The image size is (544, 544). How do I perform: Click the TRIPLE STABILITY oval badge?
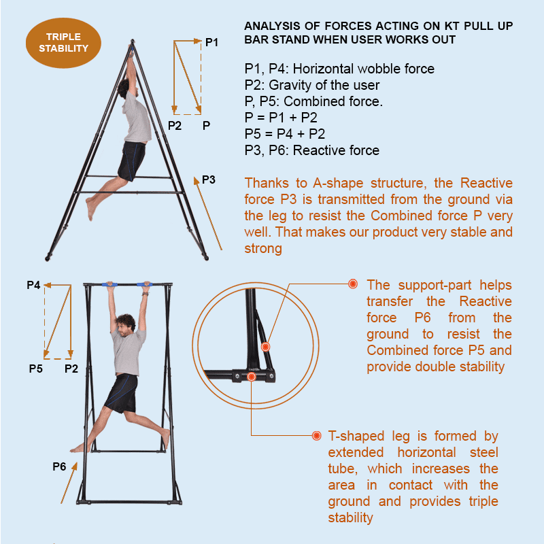(x=63, y=43)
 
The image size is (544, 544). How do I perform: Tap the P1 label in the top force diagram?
(x=211, y=42)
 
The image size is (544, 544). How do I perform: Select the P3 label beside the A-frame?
(x=209, y=180)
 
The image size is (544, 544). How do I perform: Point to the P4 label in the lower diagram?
(x=33, y=285)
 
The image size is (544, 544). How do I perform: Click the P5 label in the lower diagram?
(x=36, y=369)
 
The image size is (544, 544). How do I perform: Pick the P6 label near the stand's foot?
(x=59, y=466)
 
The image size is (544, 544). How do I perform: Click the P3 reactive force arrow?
(x=208, y=213)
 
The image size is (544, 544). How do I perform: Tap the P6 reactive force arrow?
(x=69, y=483)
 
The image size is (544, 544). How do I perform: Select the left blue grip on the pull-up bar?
(x=109, y=284)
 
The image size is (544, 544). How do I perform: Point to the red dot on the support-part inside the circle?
(x=265, y=347)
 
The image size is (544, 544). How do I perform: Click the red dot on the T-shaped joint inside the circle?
(x=252, y=377)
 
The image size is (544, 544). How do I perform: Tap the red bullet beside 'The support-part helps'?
(x=353, y=284)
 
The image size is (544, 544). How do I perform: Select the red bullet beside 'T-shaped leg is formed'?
(x=316, y=435)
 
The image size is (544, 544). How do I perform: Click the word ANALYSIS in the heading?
(x=273, y=26)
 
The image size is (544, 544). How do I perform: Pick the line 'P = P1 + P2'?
(x=281, y=118)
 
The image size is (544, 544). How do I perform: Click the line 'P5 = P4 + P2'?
(x=284, y=134)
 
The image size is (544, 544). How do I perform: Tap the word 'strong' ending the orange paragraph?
(x=263, y=249)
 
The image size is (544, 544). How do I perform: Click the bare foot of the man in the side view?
(x=91, y=209)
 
